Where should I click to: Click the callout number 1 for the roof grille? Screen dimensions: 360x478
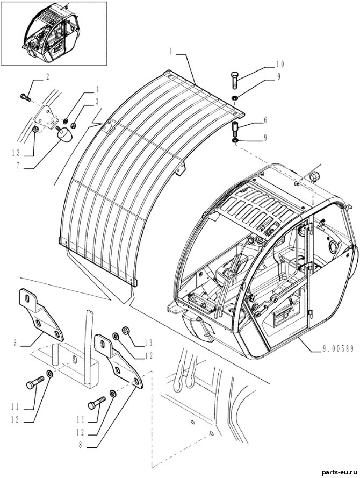(171, 52)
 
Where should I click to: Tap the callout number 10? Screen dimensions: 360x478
(280, 64)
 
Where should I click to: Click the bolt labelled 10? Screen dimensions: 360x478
(234, 80)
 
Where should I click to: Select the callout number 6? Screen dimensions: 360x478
(265, 120)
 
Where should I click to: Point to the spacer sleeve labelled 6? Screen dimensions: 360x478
(235, 130)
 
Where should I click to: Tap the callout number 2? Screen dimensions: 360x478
(47, 77)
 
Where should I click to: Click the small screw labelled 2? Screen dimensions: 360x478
(25, 97)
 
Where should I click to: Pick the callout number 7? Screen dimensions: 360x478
(18, 165)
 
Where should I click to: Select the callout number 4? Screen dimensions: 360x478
(97, 89)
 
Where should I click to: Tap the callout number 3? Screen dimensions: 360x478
(97, 102)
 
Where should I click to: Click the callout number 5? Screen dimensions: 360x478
(15, 344)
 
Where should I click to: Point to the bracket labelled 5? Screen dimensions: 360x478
(41, 315)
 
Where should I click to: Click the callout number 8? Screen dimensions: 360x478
(81, 445)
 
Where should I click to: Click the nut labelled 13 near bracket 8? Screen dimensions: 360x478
(125, 331)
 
